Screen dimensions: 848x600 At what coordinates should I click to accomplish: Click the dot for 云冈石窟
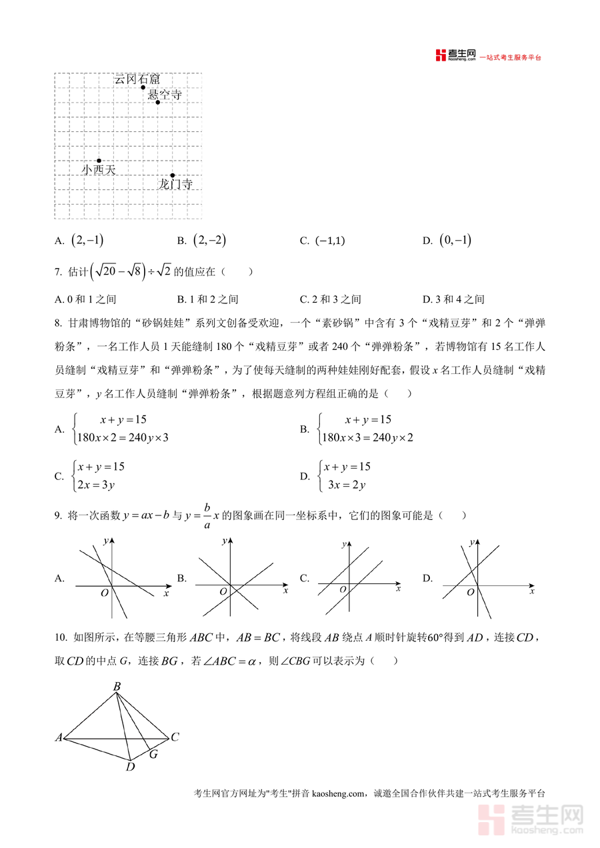(143, 87)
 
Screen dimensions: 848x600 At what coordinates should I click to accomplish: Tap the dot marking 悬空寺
(158, 102)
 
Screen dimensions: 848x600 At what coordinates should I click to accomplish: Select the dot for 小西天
(99, 161)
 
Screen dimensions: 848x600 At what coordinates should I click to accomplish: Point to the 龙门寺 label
(175, 184)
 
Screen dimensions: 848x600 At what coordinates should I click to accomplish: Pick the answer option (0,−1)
(456, 241)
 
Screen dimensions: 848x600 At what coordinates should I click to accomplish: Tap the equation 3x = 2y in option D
(347, 485)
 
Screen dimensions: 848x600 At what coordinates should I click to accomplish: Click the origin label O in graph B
(223, 592)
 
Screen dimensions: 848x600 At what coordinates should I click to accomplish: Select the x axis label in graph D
(531, 591)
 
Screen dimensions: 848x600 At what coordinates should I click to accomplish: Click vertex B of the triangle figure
(117, 687)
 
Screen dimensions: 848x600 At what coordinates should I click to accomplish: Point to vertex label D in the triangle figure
(131, 767)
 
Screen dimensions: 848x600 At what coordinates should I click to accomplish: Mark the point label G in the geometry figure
(153, 754)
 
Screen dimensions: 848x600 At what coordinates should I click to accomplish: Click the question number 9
(58, 515)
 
